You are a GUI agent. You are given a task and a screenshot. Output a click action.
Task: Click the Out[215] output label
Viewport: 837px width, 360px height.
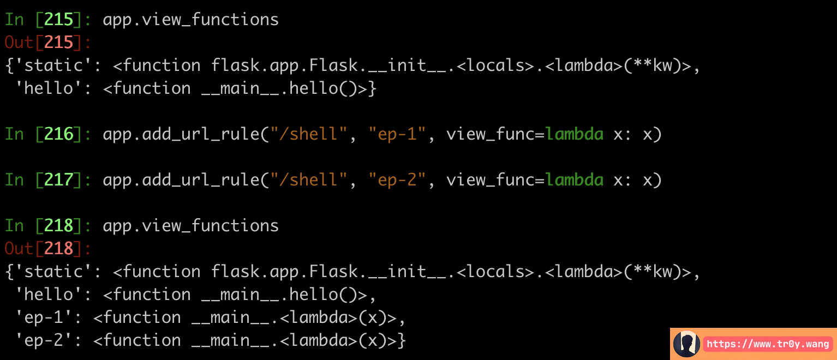[x=47, y=43]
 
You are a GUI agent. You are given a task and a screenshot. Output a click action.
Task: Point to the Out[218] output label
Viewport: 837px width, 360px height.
[x=47, y=249]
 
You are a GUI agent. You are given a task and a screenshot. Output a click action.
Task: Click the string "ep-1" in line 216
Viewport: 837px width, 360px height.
[x=397, y=134]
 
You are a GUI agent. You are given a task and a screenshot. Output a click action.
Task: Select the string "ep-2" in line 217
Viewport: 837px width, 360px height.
[x=397, y=180]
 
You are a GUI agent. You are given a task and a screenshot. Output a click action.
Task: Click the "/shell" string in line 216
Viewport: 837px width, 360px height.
[x=308, y=134]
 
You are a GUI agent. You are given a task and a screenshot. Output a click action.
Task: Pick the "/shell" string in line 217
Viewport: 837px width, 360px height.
[x=308, y=180]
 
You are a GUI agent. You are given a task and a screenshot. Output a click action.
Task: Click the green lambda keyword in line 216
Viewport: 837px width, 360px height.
[x=575, y=134]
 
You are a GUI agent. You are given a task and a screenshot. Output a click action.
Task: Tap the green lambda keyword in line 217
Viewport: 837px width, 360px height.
[x=575, y=180]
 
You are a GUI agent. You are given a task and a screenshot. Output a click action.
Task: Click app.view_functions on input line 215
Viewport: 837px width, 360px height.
[x=191, y=20]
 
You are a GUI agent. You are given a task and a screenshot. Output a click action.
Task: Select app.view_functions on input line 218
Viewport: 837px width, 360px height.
[x=191, y=226]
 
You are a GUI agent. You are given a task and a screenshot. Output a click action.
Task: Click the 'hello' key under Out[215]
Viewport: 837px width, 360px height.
[x=50, y=88]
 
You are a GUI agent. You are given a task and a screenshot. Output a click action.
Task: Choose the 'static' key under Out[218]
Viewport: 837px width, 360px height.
[x=55, y=272]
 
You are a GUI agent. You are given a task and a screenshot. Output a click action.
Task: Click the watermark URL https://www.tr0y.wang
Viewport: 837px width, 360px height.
[x=768, y=344]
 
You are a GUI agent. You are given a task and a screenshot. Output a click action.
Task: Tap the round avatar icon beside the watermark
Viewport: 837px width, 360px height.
[x=686, y=344]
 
